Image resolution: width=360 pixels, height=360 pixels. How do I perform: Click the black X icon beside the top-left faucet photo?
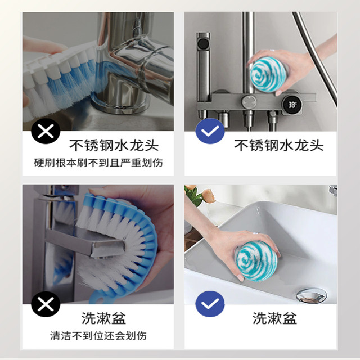point(46,131)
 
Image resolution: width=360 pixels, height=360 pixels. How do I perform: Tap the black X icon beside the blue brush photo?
point(46,304)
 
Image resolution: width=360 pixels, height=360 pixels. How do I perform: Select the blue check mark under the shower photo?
point(210,131)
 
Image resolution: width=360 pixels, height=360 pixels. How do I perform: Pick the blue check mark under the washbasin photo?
point(210,304)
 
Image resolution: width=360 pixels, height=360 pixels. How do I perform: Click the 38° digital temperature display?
point(292,105)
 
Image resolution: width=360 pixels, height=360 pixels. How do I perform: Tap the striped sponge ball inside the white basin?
point(256,261)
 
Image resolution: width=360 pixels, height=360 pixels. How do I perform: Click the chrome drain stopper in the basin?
point(311,295)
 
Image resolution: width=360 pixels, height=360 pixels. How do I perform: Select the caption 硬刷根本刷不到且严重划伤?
point(98,163)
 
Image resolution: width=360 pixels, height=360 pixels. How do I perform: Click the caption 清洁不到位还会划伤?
point(98,336)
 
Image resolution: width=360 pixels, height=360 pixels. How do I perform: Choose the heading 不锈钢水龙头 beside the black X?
point(114,145)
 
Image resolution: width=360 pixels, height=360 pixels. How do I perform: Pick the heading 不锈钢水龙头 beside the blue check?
point(279,145)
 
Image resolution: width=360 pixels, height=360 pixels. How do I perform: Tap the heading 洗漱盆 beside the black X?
point(103,318)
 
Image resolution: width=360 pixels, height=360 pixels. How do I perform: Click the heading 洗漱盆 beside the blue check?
point(274,318)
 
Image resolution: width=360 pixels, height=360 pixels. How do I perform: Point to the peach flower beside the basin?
point(209,195)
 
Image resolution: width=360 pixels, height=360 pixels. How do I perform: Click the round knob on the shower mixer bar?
point(249,102)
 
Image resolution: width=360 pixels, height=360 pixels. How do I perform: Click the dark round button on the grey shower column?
point(203,43)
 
